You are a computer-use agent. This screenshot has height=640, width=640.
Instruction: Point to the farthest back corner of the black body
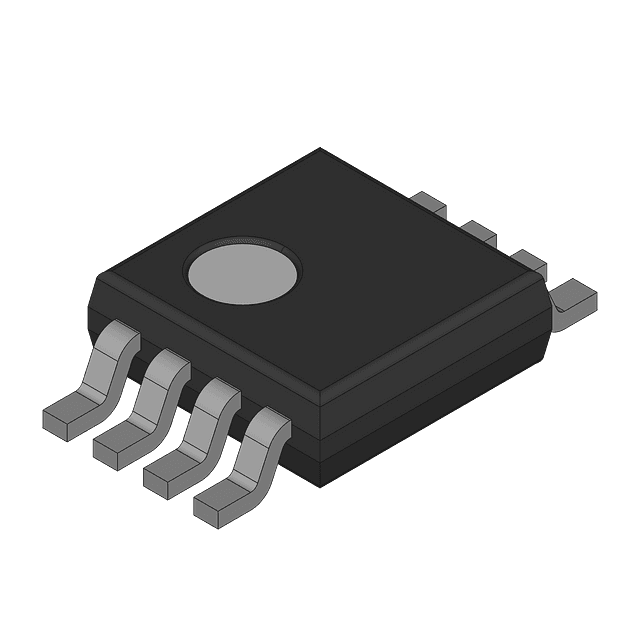pos(320,149)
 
